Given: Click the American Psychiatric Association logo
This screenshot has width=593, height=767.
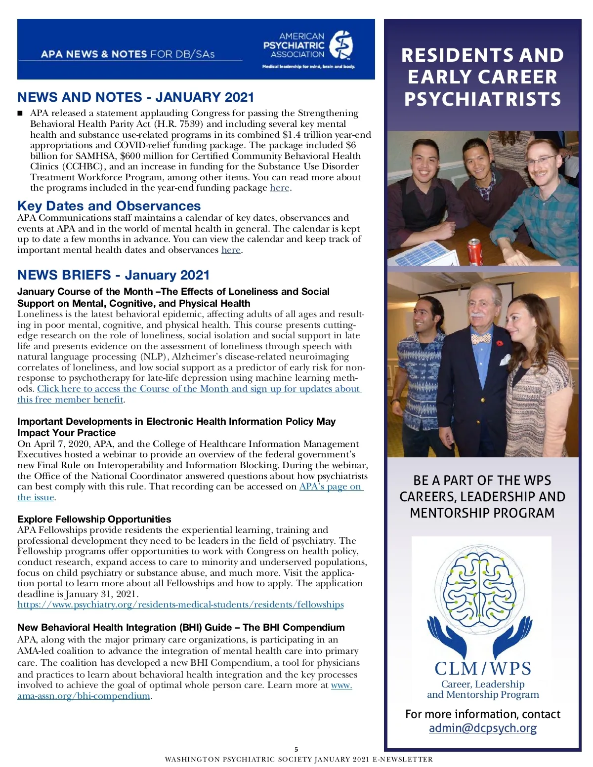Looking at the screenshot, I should pos(308,49).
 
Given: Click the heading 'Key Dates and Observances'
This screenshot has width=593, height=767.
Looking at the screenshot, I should pos(109,206).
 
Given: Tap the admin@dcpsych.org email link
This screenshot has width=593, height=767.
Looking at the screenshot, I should pos(482,728).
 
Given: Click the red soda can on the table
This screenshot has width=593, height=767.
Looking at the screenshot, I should pos(475,252).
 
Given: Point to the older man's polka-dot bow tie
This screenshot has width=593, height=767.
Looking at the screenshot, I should pos(481,339).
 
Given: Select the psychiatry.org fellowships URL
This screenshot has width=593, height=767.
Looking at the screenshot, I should pos(180,605).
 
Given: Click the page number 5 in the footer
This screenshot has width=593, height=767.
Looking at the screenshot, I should pos(296,749).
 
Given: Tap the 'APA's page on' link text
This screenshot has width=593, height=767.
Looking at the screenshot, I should pos(331,486).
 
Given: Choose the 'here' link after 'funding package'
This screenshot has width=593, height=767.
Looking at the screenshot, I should pos(279,188).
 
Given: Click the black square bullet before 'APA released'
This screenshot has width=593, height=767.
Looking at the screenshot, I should pos(20,114).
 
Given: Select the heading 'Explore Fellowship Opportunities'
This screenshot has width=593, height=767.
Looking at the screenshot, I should pos(94,519).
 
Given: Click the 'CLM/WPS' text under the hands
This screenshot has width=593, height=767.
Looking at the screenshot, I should pos(483,668).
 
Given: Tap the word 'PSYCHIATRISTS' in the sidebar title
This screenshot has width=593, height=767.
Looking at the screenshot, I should pos(483,99).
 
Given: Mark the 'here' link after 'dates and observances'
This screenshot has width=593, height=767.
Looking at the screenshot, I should pos(231,250).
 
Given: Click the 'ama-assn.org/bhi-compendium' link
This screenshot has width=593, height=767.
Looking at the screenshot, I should pos(84,696).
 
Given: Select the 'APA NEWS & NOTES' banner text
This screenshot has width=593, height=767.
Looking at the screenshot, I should pos(94,54).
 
